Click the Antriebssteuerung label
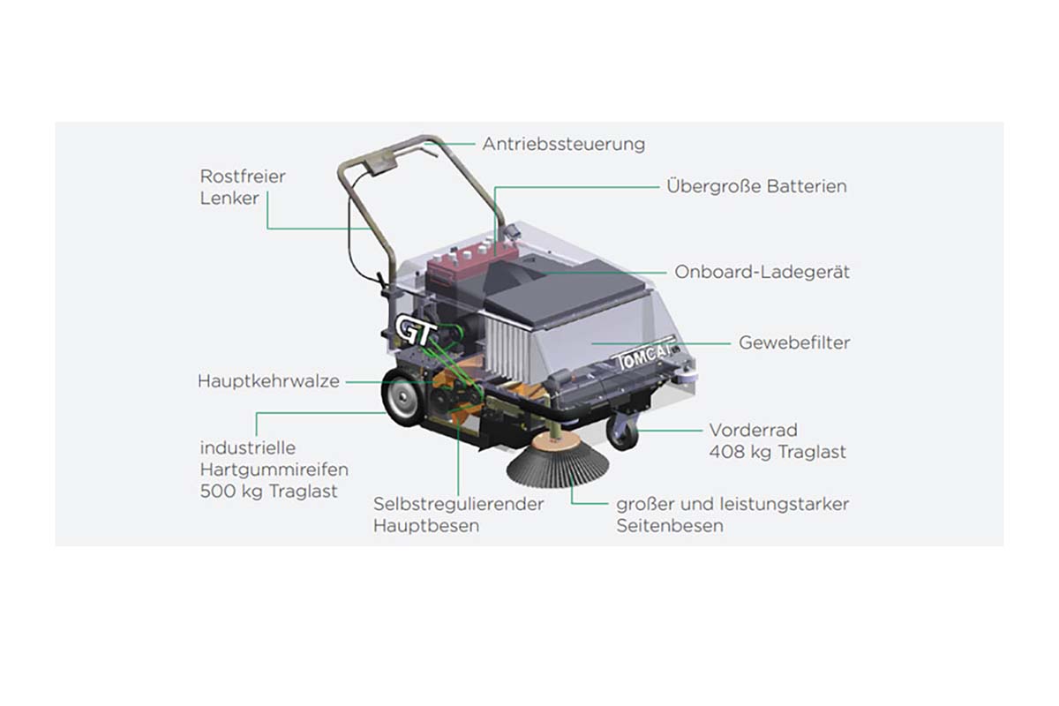tap(564, 144)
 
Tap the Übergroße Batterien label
tap(756, 186)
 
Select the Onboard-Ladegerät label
tap(762, 272)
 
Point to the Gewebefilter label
tap(794, 342)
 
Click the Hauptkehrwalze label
tap(268, 381)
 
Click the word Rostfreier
tap(243, 176)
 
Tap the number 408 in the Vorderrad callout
tap(726, 452)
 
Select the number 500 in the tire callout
tap(217, 492)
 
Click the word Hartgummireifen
tap(274, 470)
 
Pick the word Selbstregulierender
tap(459, 504)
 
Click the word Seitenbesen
tap(670, 526)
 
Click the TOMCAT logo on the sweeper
tap(644, 356)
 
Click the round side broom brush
tap(557, 462)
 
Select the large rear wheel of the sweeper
tap(402, 396)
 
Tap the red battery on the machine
tap(468, 266)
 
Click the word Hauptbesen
tap(426, 526)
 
